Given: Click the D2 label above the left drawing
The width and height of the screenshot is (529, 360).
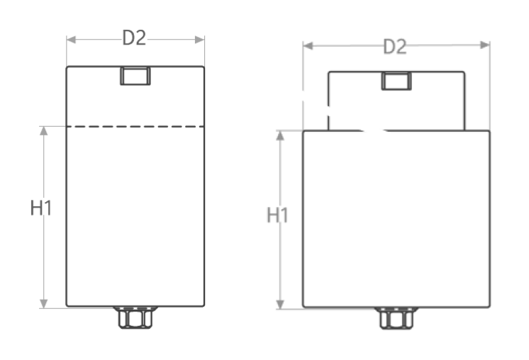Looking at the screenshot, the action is (134, 38).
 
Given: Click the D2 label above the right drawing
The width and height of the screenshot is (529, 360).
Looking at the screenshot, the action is (395, 47).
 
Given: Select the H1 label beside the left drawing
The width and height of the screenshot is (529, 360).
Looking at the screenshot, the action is (41, 208).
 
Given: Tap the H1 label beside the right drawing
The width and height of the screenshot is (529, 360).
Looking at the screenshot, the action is (278, 215).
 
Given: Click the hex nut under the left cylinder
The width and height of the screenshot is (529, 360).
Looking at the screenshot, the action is (135, 317).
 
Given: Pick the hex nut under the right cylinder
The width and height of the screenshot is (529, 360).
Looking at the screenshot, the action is (396, 318).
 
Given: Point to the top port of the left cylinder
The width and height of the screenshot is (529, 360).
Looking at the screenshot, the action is (135, 76).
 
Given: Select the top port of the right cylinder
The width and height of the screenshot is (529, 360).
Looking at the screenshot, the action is (396, 81).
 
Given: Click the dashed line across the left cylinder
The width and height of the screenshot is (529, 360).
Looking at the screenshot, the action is (135, 127).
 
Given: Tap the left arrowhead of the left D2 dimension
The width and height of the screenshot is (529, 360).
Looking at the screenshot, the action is (71, 40).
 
